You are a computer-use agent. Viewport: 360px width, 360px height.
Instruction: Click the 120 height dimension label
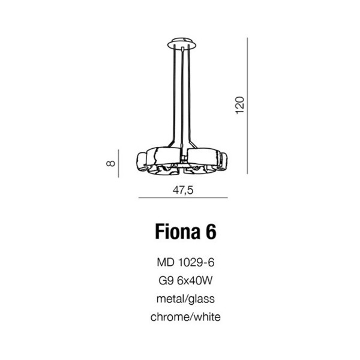click(x=239, y=105)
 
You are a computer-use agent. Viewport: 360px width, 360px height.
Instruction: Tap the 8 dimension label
click(x=110, y=163)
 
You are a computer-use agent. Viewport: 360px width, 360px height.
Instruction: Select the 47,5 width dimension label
click(x=183, y=190)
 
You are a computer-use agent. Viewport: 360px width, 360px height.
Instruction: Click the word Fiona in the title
click(x=177, y=232)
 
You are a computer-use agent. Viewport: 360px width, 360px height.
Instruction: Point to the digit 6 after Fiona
click(x=211, y=232)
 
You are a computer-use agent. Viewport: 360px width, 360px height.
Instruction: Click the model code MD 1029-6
click(x=185, y=262)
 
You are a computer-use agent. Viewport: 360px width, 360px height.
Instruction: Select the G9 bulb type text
click(x=166, y=281)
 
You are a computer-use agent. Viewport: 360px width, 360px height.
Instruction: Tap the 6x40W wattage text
click(x=195, y=281)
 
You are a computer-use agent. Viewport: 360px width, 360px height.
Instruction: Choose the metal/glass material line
click(x=185, y=299)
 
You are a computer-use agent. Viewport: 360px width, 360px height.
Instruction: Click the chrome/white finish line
click(x=185, y=317)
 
